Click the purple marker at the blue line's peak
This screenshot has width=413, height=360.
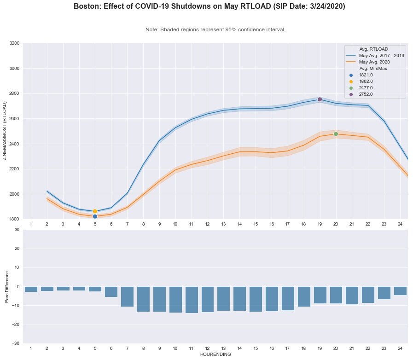(320, 99)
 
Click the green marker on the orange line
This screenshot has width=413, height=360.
(336, 134)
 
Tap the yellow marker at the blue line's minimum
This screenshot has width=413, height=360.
(95, 211)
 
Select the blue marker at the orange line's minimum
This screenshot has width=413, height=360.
(95, 216)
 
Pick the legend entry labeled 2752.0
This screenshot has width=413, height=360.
(366, 94)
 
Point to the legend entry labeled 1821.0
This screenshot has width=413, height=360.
(366, 75)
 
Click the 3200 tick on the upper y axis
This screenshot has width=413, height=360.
(14, 43)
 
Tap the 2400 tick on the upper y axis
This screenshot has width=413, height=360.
(14, 144)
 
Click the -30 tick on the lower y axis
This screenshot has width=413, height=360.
(15, 343)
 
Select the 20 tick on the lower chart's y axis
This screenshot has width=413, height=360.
(17, 249)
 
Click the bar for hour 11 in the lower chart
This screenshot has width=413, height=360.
(191, 300)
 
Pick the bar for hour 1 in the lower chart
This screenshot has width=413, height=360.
(31, 289)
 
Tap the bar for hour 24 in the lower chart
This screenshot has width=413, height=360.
(400, 291)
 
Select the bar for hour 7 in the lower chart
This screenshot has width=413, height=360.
(127, 296)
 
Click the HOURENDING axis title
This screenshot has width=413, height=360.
(215, 354)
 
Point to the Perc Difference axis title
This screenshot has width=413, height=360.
(7, 286)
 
